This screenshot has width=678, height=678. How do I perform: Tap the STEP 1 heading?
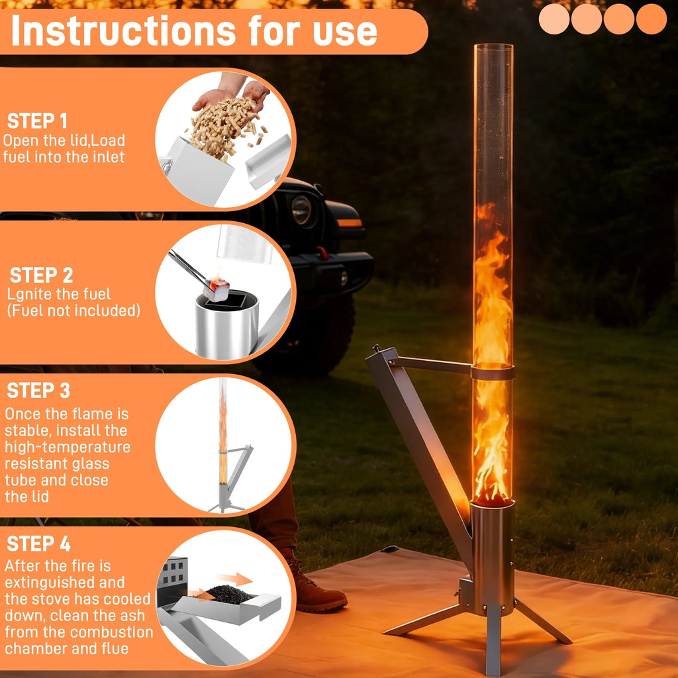37,121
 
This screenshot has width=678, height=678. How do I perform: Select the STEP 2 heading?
42,275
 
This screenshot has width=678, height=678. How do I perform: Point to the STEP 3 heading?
38,391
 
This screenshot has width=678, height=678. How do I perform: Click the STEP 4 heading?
38,544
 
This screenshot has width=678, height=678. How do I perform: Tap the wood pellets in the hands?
225,125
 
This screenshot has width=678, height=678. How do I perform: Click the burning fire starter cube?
217,289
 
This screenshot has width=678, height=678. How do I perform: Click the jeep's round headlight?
301,210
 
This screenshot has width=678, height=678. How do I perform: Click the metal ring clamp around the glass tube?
493,373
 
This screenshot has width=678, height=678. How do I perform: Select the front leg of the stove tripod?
493,640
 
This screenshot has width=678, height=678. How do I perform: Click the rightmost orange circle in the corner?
652,19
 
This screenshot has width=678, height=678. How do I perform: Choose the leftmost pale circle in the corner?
554,19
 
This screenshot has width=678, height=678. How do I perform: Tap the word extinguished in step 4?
65,583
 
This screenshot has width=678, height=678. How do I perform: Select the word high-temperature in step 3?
68,447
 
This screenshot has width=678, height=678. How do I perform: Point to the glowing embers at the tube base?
493,498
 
